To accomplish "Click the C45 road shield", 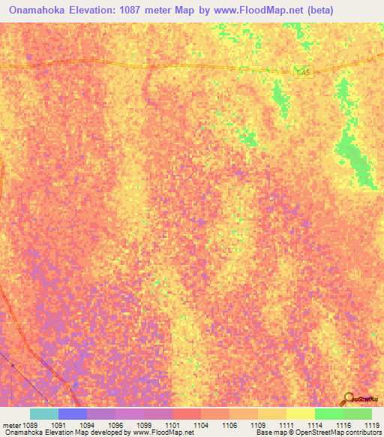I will (302, 71).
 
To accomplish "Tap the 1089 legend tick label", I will (29, 425).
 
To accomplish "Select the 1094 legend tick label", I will (86, 425).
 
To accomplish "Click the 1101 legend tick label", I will (172, 425).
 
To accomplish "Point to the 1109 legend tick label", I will (257, 425).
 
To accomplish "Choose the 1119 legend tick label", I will (371, 425).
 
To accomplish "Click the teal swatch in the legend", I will (44, 414).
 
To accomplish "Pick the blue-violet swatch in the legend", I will (73, 414).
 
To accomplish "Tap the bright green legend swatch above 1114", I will (329, 414).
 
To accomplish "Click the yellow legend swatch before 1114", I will (301, 414).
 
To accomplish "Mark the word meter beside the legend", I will (10, 425).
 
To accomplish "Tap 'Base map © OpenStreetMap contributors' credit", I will (317, 433).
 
